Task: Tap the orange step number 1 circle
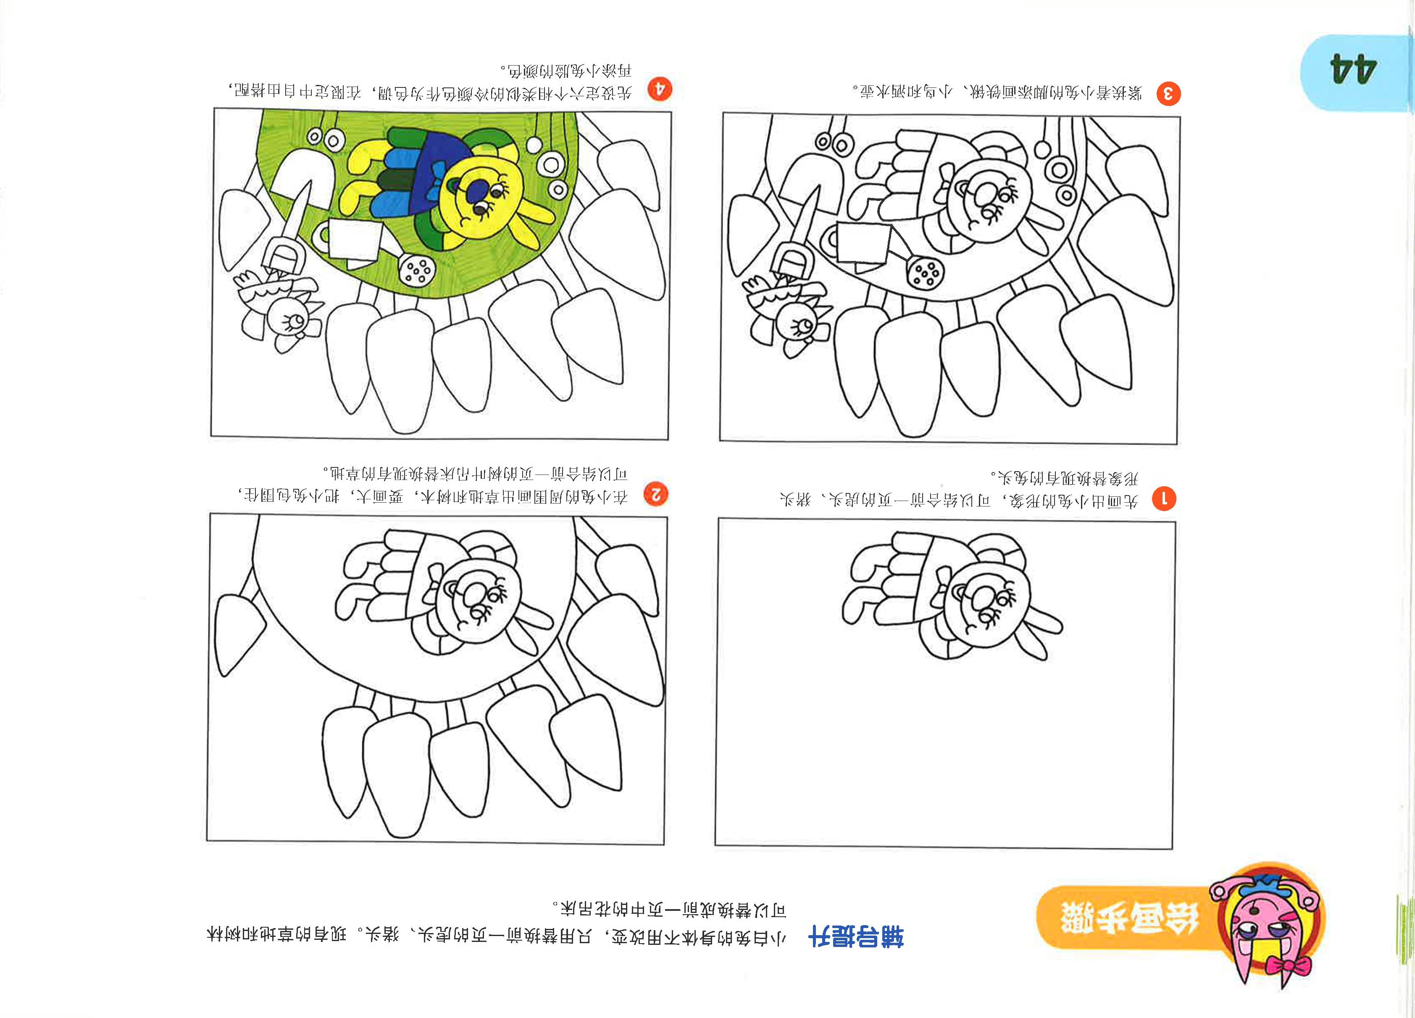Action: [1164, 499]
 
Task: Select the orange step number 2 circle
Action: [656, 495]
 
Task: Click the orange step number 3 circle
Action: [1168, 94]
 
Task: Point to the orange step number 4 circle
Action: [660, 89]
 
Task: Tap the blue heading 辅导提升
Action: [855, 936]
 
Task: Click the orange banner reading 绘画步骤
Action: [1129, 918]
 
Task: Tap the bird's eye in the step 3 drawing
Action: [800, 325]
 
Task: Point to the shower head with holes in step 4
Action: [417, 270]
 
